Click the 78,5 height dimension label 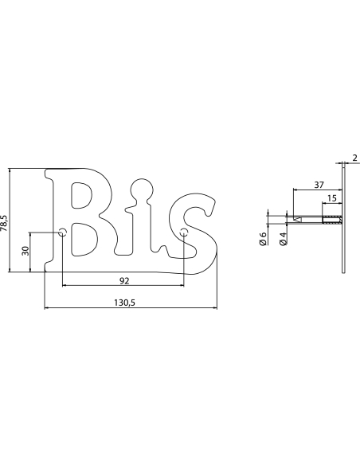pos(6,221)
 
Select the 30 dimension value pos(25,252)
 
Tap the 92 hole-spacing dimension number pos(123,280)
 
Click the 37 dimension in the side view pos(319,185)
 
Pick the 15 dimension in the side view pos(331,198)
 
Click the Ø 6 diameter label pos(264,238)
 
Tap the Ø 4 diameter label pos(284,238)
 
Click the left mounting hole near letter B pos(62,233)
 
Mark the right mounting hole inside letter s pos(184,233)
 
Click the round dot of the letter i pos(143,191)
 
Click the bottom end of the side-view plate pos(343,272)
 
